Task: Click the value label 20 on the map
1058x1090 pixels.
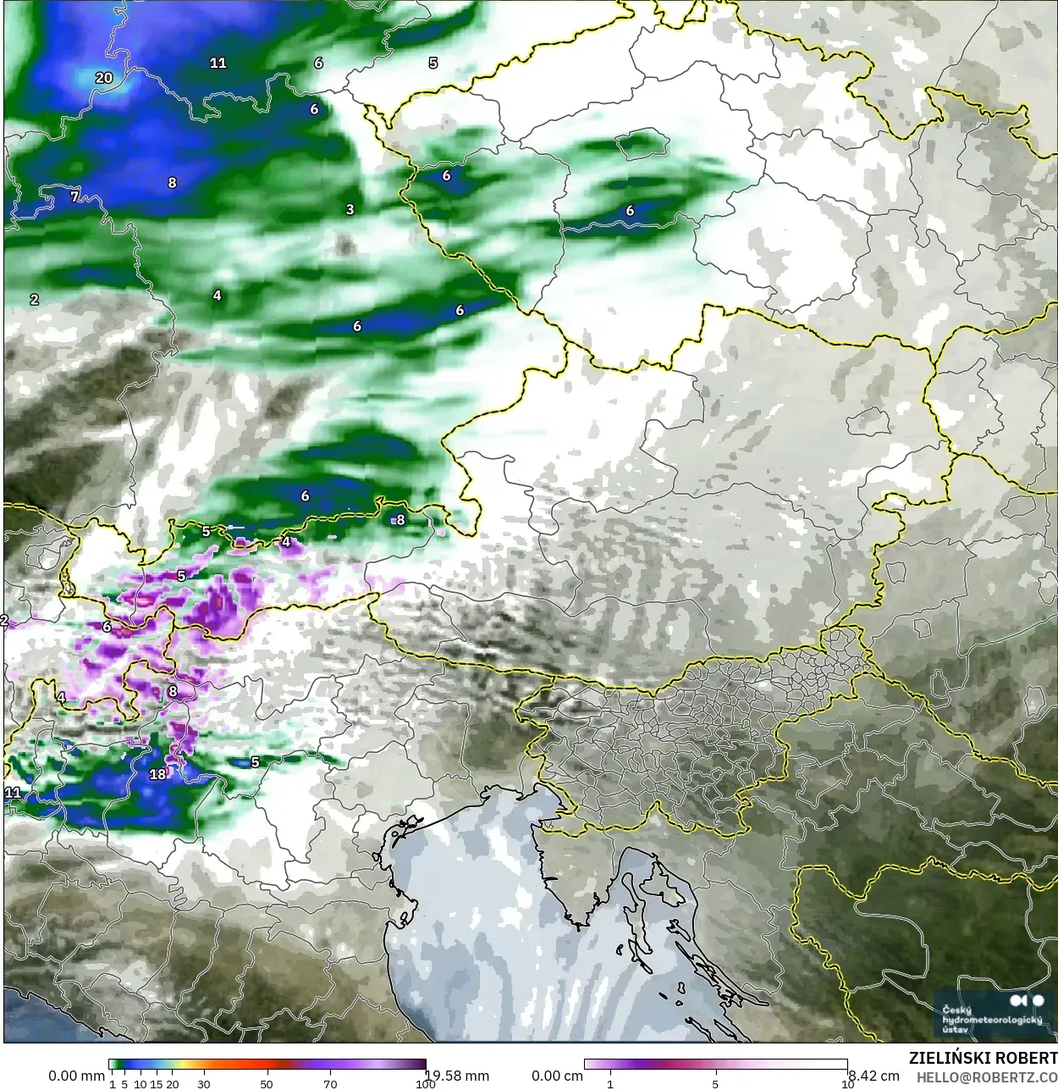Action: (x=104, y=78)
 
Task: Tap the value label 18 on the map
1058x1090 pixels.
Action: (x=158, y=774)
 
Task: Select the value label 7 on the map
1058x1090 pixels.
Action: (x=74, y=196)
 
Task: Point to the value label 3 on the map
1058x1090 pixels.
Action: (x=350, y=209)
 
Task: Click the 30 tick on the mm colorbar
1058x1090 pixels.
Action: (x=203, y=1083)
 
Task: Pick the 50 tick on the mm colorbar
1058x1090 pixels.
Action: (x=267, y=1083)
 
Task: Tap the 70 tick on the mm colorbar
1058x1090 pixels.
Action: (x=330, y=1083)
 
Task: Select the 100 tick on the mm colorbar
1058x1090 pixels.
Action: (x=426, y=1083)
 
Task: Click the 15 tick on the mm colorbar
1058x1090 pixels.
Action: (x=157, y=1083)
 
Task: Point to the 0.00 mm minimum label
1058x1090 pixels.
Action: (x=76, y=1076)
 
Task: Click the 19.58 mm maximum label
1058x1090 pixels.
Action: (x=457, y=1076)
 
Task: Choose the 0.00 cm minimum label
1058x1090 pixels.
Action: (x=557, y=1076)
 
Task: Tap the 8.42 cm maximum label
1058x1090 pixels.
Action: (x=873, y=1076)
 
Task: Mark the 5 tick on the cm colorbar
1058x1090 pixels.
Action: (x=715, y=1083)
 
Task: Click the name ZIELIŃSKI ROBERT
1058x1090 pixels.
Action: (x=983, y=1058)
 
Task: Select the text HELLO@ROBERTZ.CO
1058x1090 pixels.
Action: (x=987, y=1077)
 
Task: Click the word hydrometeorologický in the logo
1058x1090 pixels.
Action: (x=992, y=1020)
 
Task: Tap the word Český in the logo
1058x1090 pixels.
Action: (x=957, y=1010)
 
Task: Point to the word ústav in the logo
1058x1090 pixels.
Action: (x=956, y=1030)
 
